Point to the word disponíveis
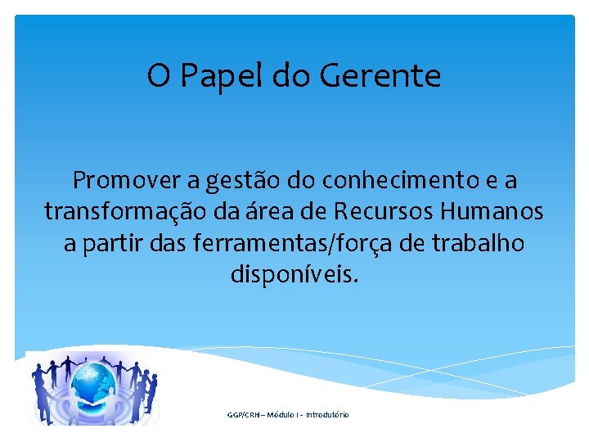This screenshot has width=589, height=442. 294,277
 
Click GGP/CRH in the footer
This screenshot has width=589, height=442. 243,415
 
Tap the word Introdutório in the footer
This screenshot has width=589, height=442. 328,415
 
